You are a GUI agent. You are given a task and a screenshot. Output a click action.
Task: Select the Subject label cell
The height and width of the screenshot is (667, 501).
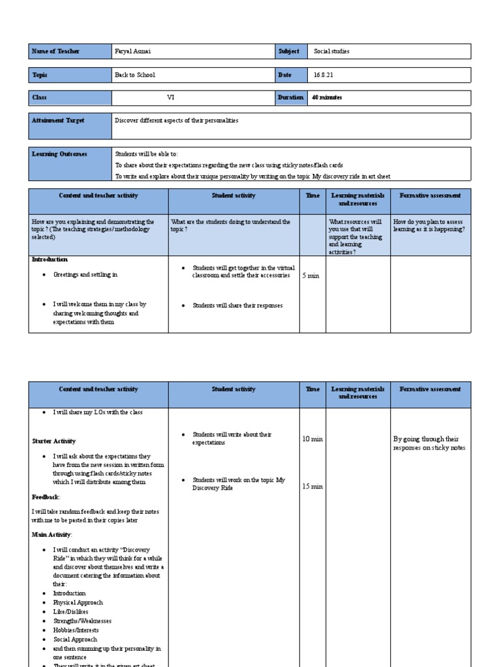pyautogui.click(x=289, y=51)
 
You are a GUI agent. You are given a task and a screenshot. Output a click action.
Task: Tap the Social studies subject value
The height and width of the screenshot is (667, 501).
pyautogui.click(x=331, y=51)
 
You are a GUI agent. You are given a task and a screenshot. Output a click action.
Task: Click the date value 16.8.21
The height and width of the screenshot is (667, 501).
pyautogui.click(x=324, y=75)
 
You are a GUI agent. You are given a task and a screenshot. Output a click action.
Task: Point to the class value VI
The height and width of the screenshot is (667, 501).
pyautogui.click(x=171, y=98)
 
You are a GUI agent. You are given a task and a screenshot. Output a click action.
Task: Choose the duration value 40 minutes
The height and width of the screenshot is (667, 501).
pyautogui.click(x=327, y=98)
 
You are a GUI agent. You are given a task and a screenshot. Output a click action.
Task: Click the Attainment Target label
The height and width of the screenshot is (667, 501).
pyautogui.click(x=58, y=121)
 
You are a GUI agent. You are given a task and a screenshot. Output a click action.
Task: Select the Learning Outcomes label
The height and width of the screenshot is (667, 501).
pyautogui.click(x=59, y=154)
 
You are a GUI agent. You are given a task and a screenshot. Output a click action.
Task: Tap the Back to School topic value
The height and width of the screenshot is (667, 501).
pyautogui.click(x=135, y=75)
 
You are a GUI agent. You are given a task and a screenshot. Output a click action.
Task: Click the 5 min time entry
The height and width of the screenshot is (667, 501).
pyautogui.click(x=311, y=276)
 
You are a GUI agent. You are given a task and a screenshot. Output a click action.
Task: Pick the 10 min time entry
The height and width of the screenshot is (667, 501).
pyautogui.click(x=312, y=439)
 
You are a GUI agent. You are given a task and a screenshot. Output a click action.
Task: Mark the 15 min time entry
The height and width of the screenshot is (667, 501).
pyautogui.click(x=312, y=486)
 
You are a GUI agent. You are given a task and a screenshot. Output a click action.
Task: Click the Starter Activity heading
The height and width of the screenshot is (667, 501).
pyautogui.click(x=54, y=441)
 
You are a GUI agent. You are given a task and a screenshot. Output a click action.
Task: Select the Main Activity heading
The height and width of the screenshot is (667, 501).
pyautogui.click(x=52, y=534)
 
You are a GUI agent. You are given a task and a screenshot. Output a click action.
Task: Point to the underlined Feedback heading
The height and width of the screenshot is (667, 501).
pyautogui.click(x=46, y=497)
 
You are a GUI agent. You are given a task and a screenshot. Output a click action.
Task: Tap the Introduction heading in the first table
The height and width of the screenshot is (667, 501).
pyautogui.click(x=50, y=259)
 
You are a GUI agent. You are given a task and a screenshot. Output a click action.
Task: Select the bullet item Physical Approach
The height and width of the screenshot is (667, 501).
pyautogui.click(x=74, y=603)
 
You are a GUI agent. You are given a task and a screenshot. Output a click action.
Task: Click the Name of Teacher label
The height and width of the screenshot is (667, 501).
pyautogui.click(x=56, y=51)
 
